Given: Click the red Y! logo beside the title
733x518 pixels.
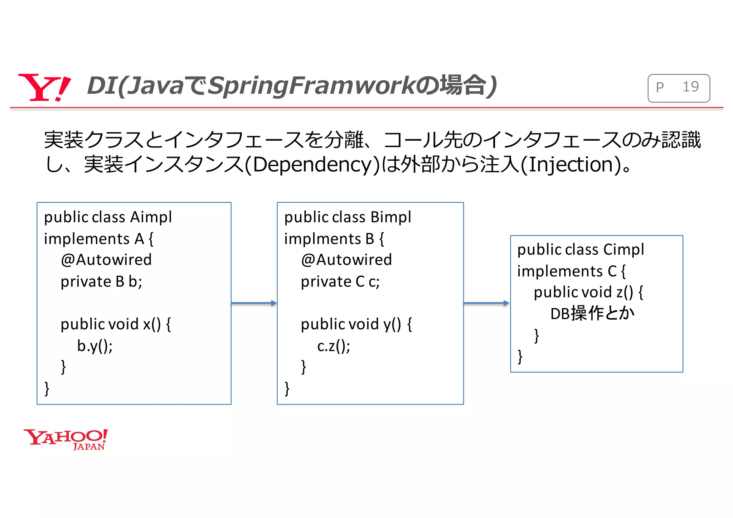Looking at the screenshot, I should (x=44, y=87).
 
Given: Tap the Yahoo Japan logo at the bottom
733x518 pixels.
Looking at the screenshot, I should (x=65, y=439).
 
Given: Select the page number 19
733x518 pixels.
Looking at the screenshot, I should (x=690, y=87).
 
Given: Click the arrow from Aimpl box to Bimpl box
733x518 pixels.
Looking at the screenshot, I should (x=254, y=303).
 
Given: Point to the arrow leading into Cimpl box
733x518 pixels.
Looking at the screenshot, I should (x=486, y=303).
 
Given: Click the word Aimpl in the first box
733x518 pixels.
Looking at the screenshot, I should (x=151, y=217).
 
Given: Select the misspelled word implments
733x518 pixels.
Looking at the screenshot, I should (x=322, y=239).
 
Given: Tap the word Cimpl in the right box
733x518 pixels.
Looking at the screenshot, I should (x=623, y=250).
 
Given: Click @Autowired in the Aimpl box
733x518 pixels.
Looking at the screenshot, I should (x=106, y=260).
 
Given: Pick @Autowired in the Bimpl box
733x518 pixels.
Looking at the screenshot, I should (x=346, y=260).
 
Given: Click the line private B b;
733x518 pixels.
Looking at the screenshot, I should (x=101, y=282).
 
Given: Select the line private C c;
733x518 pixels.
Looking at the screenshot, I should (x=340, y=282).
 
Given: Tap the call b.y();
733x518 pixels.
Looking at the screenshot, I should (x=95, y=346).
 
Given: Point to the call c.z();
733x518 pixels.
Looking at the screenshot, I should (x=334, y=346).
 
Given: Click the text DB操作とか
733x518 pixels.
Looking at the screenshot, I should (x=592, y=314).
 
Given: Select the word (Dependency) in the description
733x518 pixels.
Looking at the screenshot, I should (x=312, y=165).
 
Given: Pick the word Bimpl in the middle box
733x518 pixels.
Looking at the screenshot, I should (x=391, y=217).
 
